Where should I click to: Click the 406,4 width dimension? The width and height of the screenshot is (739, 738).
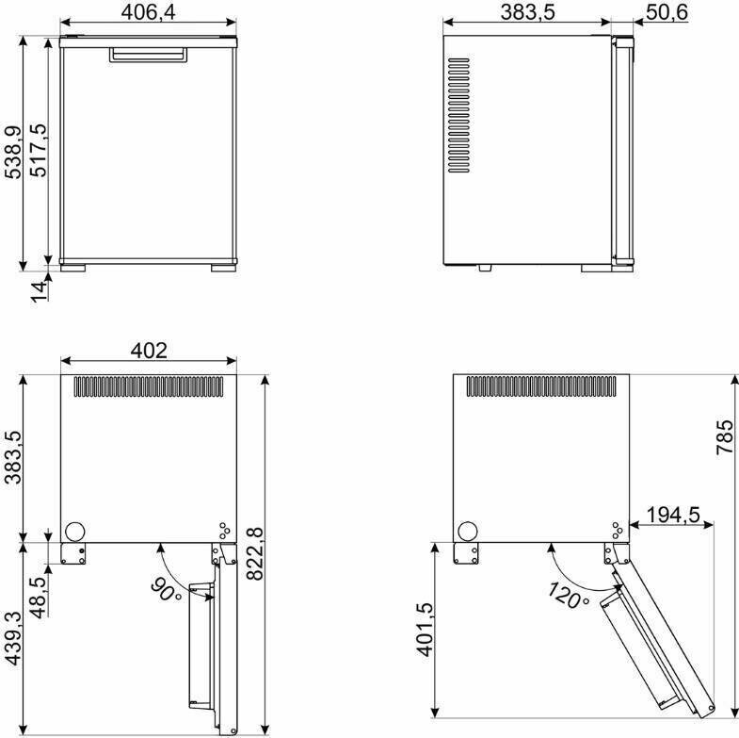coord(148,12)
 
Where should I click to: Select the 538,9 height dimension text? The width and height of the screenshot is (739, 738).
coord(13,153)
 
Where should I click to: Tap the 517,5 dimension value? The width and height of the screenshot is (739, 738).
coord(39,151)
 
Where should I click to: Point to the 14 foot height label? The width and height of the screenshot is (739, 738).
coord(39,290)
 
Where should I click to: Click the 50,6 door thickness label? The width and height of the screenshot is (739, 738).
coord(667,12)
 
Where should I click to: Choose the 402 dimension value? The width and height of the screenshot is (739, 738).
coord(149,351)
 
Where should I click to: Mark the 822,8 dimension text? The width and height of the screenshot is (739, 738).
coord(255,553)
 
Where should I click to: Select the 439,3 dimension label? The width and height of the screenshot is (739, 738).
coord(13,638)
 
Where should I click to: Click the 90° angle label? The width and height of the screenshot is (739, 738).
coord(167,590)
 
